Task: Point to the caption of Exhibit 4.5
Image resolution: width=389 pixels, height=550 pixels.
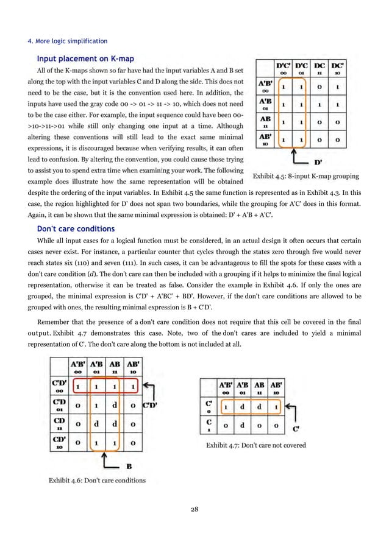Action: tap(305, 177)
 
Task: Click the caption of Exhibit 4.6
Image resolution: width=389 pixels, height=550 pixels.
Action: tap(97, 480)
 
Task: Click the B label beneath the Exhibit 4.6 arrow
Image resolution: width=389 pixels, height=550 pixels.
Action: tap(129, 467)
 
